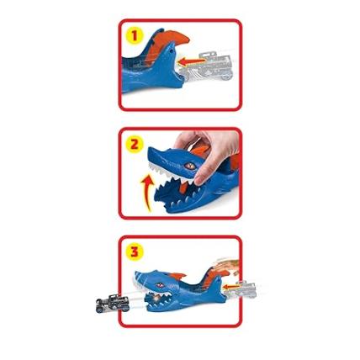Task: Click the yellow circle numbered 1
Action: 135,35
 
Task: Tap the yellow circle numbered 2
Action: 135,145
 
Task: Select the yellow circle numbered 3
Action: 135,251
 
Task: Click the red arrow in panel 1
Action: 193,61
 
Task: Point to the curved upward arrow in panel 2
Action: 148,193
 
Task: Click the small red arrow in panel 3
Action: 232,287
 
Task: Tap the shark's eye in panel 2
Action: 190,166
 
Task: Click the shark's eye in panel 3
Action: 160,285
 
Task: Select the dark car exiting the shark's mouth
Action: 113,303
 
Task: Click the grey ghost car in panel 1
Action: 209,66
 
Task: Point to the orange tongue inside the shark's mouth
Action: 183,187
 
